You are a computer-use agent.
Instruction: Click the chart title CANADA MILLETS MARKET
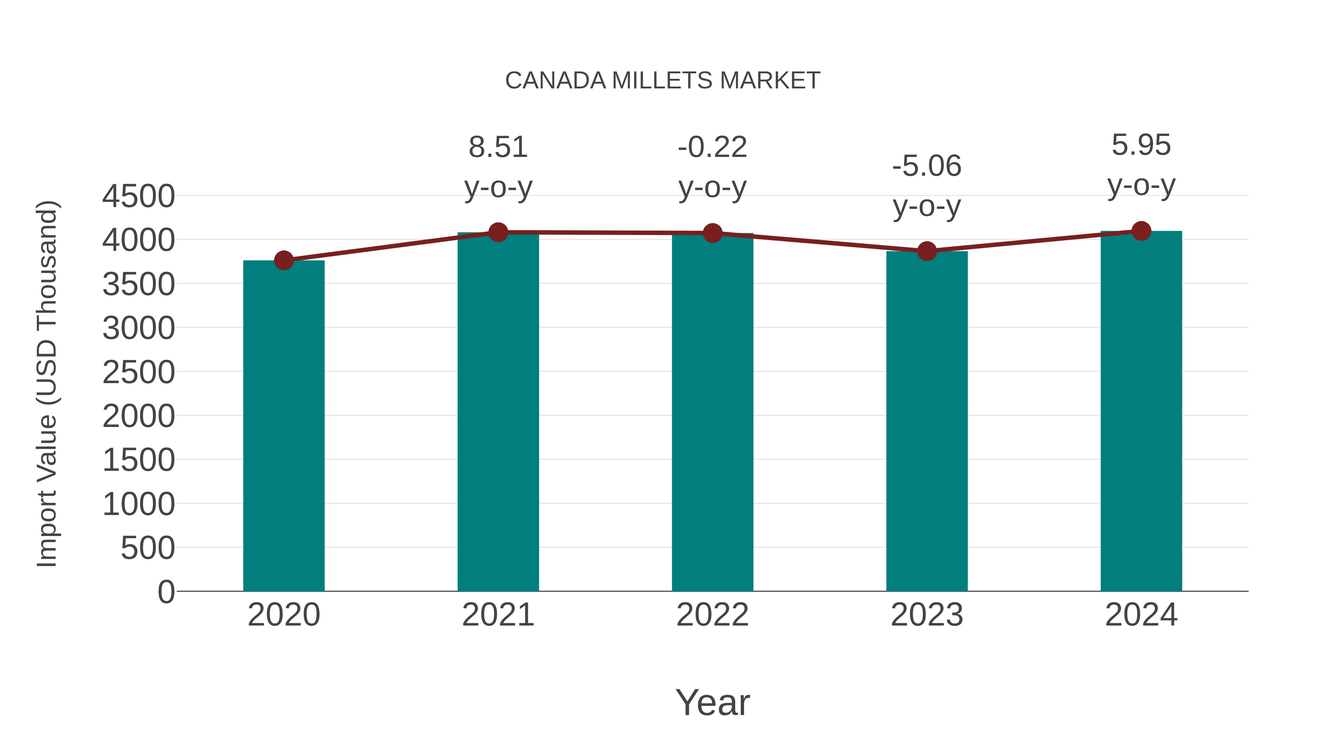pyautogui.click(x=663, y=81)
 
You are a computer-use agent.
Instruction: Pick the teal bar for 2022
pyautogui.click(x=712, y=412)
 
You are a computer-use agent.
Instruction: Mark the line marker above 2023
pyautogui.click(x=927, y=251)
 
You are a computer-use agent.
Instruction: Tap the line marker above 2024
pyautogui.click(x=1141, y=231)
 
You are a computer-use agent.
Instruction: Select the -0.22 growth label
pyautogui.click(x=712, y=147)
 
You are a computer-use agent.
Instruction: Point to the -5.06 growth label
pyautogui.click(x=927, y=166)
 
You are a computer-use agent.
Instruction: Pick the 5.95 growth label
pyautogui.click(x=1141, y=145)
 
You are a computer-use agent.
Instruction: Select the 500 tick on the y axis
pyautogui.click(x=147, y=548)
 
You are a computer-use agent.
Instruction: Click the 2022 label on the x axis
pyautogui.click(x=712, y=615)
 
